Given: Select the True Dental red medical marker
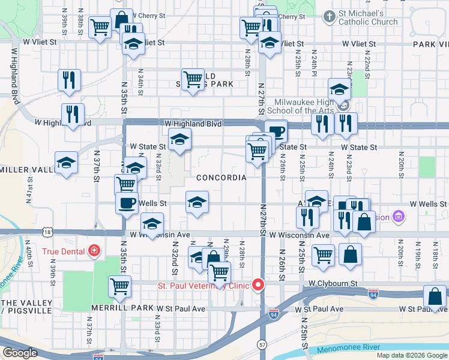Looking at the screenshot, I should click(94, 250).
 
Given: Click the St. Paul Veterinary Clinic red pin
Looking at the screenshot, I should click(259, 284).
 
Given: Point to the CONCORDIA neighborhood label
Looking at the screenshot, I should click(221, 178).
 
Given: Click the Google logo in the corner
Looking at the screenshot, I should click(20, 353).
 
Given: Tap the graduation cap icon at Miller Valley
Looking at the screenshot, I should click(66, 162).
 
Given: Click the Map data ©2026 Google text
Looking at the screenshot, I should click(412, 355).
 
